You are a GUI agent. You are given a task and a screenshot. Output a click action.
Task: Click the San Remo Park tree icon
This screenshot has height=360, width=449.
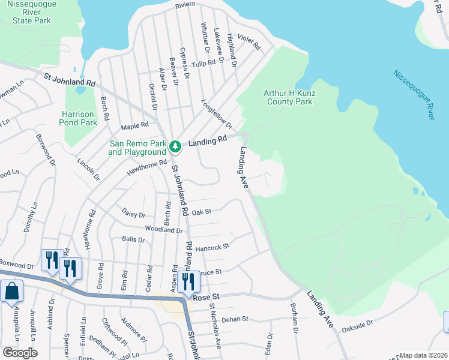click(175, 146)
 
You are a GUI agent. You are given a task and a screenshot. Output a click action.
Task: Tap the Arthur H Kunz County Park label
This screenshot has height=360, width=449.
click(288, 97)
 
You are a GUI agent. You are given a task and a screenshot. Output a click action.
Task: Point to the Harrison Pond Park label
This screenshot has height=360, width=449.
click(79, 118)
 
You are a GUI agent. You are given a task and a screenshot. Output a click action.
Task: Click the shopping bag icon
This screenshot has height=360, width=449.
click(11, 292)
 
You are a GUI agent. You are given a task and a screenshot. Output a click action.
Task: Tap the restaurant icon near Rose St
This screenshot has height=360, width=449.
click(188, 283)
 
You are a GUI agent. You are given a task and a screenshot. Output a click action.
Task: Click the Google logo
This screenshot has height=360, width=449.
click(20, 352)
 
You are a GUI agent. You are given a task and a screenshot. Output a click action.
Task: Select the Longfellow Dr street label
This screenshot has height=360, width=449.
click(217, 113)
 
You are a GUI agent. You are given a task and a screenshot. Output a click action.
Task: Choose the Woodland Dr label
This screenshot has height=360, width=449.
click(163, 229)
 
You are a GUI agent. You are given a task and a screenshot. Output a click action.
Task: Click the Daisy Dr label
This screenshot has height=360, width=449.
click(133, 214)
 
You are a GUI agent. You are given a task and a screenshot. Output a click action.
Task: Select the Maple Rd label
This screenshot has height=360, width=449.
click(134, 126)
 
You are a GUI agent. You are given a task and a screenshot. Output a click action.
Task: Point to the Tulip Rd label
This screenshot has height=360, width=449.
click(203, 63)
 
